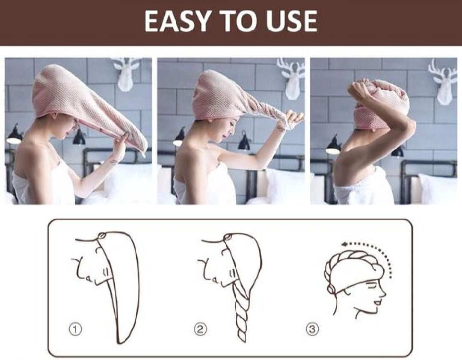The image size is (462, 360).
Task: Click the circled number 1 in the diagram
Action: [x=75, y=329]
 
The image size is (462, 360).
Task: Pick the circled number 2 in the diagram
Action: [x=200, y=329]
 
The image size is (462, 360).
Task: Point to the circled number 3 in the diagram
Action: [x=313, y=329]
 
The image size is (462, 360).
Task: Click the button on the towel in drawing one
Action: [x=102, y=235]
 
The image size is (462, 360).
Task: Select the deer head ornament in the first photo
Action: [x=127, y=74]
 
